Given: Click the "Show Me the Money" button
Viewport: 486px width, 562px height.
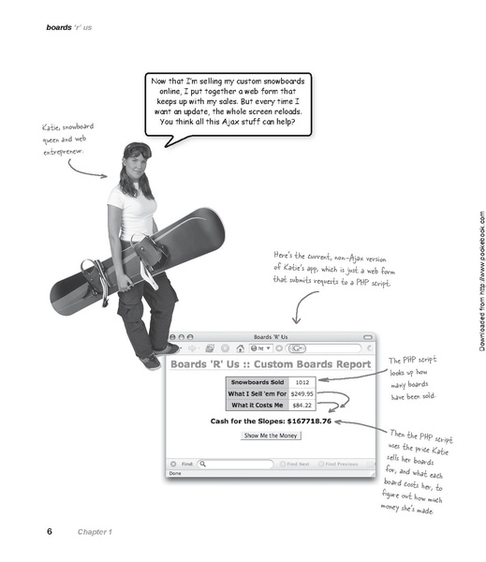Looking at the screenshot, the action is click(271, 436).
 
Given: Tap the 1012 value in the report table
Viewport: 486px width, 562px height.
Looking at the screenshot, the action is click(302, 382).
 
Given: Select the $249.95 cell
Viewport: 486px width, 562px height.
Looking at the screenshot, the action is click(302, 393).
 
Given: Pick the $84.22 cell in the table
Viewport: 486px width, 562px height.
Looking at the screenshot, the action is click(302, 405).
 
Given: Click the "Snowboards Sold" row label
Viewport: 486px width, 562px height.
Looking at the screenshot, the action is click(258, 382).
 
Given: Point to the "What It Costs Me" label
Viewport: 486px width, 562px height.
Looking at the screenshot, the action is click(258, 405).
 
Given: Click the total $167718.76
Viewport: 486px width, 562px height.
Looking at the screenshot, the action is click(309, 421).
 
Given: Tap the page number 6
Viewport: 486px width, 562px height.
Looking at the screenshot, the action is click(50, 531).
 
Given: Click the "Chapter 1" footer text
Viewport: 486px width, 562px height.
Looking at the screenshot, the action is click(95, 532).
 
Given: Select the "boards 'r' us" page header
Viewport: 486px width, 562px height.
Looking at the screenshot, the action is click(69, 27).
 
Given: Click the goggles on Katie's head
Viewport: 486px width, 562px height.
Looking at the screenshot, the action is click(139, 151).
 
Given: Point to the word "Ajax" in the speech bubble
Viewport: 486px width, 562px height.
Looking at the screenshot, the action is click(230, 122).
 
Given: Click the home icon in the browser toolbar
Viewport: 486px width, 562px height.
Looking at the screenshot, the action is click(240, 348).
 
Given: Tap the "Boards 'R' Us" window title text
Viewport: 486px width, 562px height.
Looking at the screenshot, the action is click(271, 337).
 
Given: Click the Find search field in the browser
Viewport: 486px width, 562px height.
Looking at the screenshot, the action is click(235, 464).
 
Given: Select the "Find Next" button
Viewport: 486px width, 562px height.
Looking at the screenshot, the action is click(295, 464).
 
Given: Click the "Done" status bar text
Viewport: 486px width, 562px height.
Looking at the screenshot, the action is click(175, 473).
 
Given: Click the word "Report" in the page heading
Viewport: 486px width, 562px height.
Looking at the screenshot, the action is click(354, 364).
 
